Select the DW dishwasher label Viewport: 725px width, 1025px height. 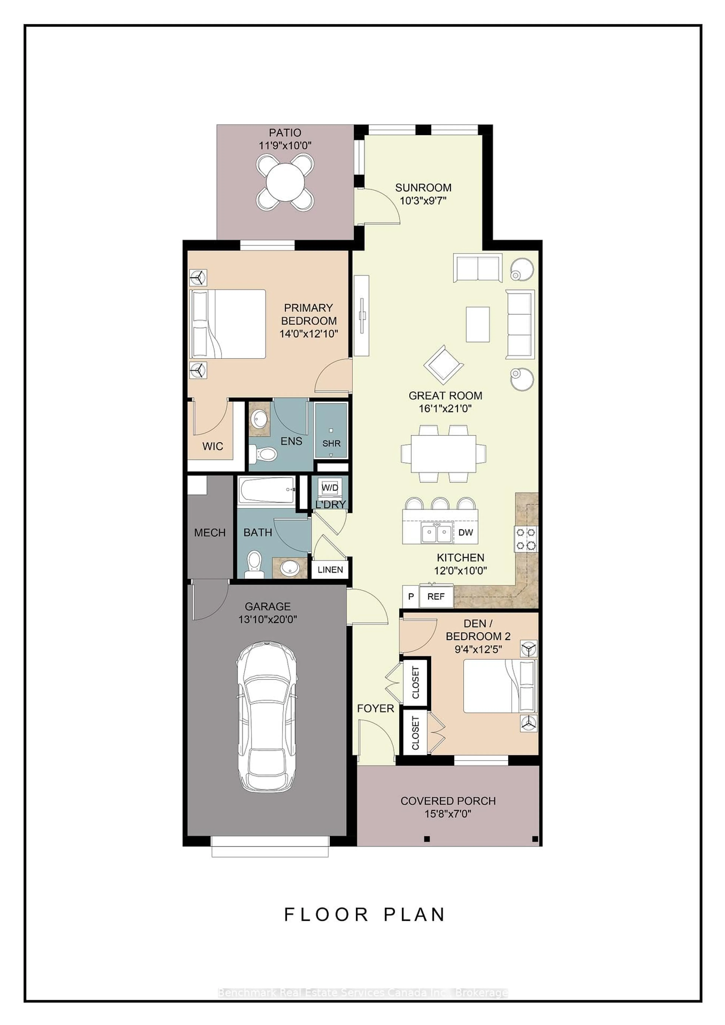[465, 532]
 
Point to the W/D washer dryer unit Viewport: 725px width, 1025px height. [330, 488]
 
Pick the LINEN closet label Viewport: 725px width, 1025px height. [330, 570]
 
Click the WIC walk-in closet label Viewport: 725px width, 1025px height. [213, 446]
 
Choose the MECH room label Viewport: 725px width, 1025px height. [210, 533]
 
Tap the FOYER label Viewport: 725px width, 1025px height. [375, 708]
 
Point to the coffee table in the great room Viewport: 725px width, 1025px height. [477, 324]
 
